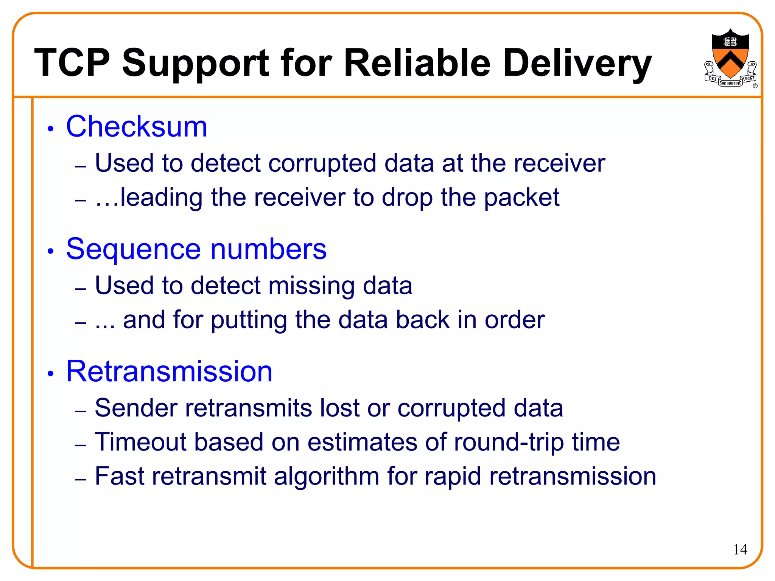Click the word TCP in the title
[72, 63]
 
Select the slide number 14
[740, 549]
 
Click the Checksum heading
[136, 127]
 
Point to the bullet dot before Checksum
[51, 129]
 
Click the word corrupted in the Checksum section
[322, 163]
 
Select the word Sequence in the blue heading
[134, 249]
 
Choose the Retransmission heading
[169, 371]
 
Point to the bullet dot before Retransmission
[51, 374]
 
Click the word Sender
[136, 408]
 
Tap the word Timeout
[141, 442]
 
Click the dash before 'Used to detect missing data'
[81, 289]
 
